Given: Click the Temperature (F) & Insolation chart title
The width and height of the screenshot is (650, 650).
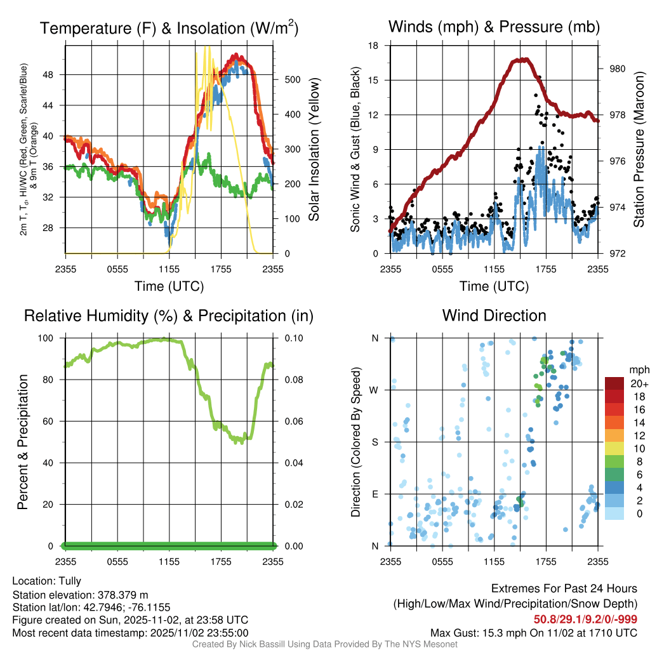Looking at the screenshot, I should coord(169,28).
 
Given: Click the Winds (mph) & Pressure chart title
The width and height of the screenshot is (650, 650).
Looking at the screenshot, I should coord(494,27).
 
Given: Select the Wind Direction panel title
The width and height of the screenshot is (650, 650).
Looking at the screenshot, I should coord(494,315).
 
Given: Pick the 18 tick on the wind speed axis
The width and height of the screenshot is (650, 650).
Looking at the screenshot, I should coord(374,46).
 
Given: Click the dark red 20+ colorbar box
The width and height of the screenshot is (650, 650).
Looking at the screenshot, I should coord(616,383).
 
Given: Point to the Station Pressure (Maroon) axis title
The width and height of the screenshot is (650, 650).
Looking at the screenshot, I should coord(639,150).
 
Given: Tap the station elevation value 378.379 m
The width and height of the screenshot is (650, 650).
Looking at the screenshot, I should coord(123,595).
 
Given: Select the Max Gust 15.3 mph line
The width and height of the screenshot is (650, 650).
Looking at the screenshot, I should coord(533,632).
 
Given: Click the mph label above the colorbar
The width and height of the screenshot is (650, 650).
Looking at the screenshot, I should coord(637,369).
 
